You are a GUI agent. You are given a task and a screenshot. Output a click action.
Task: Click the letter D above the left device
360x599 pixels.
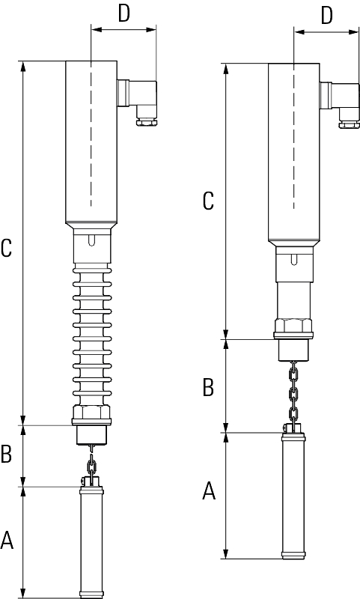point(124,13)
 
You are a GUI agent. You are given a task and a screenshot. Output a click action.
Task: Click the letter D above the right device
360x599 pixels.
point(327,15)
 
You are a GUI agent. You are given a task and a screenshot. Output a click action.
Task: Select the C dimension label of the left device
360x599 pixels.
point(7,248)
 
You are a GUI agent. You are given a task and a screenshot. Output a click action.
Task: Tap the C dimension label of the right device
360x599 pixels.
point(208,201)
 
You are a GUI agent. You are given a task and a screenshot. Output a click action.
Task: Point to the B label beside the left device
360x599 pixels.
point(7,454)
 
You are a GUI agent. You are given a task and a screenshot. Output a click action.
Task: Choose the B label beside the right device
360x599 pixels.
point(208,387)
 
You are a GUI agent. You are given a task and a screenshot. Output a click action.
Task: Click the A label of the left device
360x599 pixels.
point(7,540)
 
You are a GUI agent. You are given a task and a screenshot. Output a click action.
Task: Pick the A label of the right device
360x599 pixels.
point(209,491)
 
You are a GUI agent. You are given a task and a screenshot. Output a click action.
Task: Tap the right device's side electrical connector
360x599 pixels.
point(340,105)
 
